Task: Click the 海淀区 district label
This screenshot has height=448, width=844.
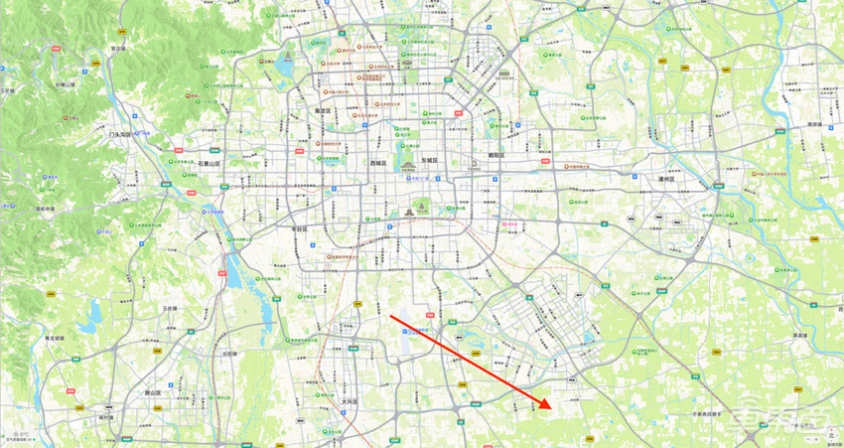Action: pyautogui.click(x=321, y=111)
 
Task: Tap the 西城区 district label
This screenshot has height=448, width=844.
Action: pyautogui.click(x=377, y=161)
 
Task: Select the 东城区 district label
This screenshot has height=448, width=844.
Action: pyautogui.click(x=429, y=161)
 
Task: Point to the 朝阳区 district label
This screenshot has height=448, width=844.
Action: pyautogui.click(x=496, y=156)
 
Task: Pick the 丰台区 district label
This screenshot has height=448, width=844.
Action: pyautogui.click(x=298, y=229)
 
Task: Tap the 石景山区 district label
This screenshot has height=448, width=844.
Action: pyautogui.click(x=211, y=162)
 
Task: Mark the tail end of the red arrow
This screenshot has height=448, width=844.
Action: pyautogui.click(x=390, y=317)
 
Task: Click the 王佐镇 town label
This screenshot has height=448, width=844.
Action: pyautogui.click(x=169, y=309)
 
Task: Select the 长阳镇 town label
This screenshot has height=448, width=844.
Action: pyautogui.click(x=229, y=353)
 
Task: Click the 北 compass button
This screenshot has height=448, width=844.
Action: pyautogui.click(x=830, y=433)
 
